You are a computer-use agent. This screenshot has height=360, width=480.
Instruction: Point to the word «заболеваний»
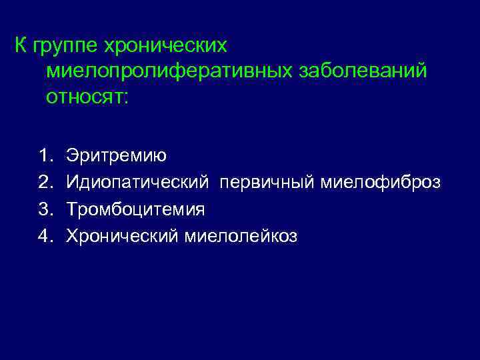pos(357,71)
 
